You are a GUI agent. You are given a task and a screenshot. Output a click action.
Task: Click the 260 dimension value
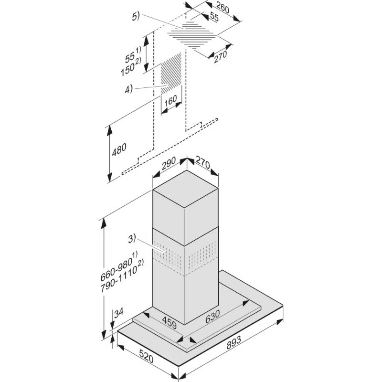point(223,8)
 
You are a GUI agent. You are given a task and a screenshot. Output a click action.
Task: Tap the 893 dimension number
point(233,342)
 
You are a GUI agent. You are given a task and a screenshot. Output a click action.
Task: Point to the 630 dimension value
point(212,317)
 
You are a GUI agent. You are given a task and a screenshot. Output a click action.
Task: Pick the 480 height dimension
point(119,149)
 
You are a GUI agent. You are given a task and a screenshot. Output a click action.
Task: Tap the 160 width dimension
point(170,101)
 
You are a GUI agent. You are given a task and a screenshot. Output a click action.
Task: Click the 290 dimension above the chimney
point(169,163)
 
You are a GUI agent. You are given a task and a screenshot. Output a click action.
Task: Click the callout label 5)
point(136,17)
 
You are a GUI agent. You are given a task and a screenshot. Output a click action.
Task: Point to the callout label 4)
point(129,89)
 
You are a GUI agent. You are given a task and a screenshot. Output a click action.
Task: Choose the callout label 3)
point(132,239)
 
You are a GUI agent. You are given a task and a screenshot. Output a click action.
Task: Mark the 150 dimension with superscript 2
point(131,68)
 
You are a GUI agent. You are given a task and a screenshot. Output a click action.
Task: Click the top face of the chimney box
point(185,189)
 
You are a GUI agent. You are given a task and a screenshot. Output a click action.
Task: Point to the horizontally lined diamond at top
point(192,35)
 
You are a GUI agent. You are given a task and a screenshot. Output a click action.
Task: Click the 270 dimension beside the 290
point(203,163)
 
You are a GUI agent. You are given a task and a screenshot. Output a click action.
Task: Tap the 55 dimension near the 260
point(214,17)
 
